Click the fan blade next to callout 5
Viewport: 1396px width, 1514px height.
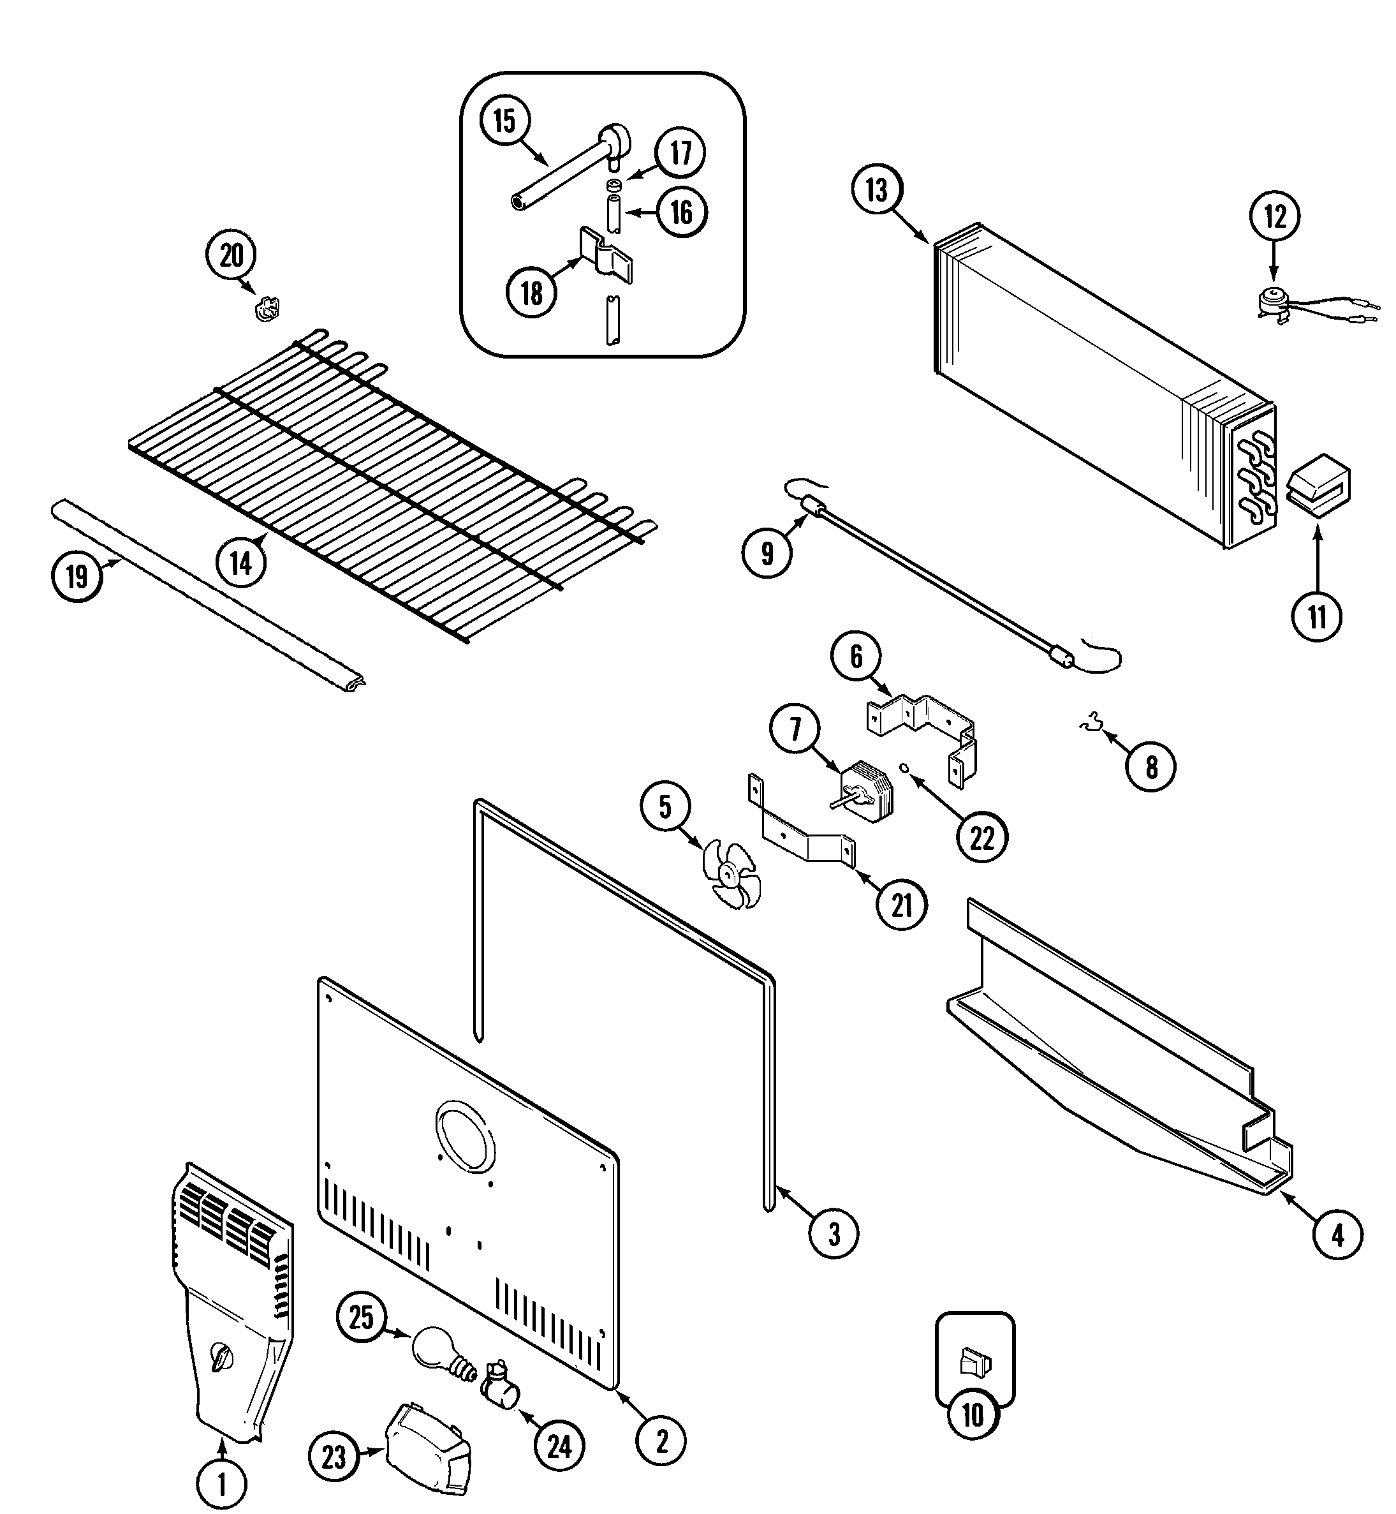click(x=729, y=875)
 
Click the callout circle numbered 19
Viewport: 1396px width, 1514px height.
click(x=77, y=577)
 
